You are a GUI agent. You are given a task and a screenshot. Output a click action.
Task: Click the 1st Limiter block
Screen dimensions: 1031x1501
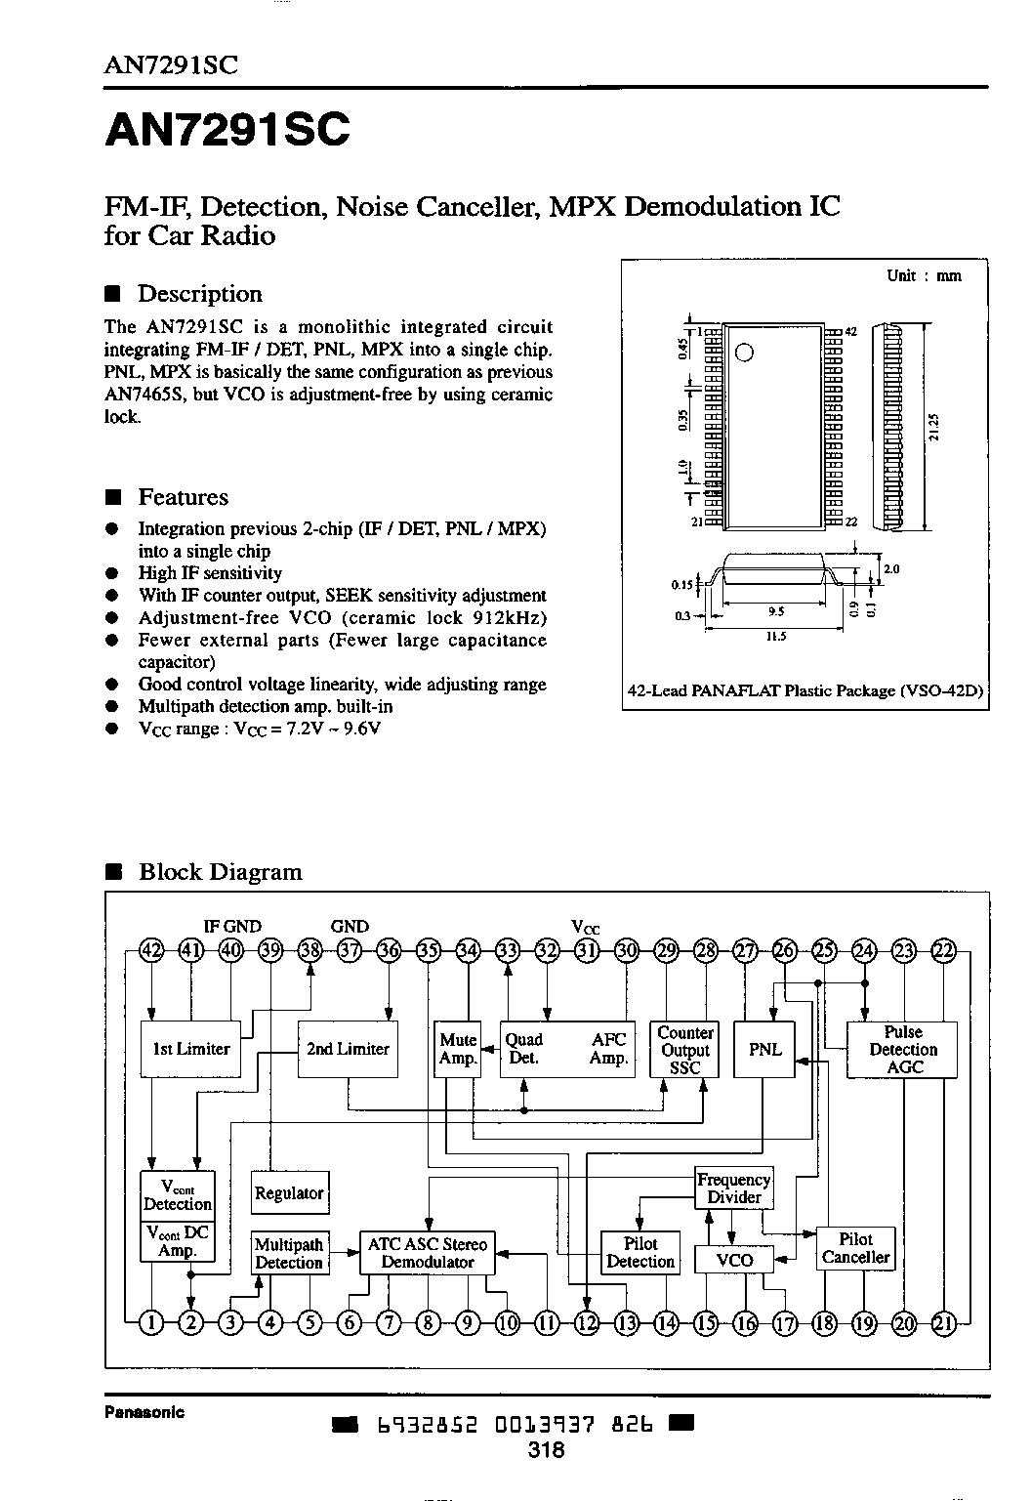point(190,1049)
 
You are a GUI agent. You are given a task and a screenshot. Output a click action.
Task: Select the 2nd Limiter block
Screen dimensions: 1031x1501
point(348,1049)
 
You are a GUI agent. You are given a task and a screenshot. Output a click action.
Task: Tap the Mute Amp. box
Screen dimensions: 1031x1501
point(458,1049)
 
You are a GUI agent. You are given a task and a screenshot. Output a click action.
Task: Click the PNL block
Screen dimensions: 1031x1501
point(764,1049)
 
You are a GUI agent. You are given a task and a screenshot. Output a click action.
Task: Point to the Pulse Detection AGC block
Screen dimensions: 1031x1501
point(902,1050)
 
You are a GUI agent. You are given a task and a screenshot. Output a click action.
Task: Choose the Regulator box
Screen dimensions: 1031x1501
point(289,1192)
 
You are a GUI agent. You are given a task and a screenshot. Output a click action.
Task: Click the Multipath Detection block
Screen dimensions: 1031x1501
point(289,1253)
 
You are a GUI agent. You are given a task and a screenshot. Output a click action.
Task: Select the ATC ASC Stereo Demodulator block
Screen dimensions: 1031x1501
point(428,1253)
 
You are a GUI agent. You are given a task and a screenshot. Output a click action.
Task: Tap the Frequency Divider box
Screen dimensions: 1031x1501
point(734,1188)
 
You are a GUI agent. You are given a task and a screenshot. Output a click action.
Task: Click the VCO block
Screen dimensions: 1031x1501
point(734,1261)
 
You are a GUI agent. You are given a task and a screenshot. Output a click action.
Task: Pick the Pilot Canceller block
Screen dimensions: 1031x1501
point(855,1248)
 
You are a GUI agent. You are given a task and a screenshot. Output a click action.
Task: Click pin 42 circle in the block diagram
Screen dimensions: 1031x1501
point(151,951)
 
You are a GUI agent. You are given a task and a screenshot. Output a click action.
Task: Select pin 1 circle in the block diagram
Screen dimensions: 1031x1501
point(152,1323)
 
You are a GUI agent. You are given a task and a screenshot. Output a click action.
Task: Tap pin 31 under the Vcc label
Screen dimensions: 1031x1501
point(587,951)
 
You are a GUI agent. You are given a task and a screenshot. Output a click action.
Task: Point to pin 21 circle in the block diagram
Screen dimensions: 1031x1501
point(944,1323)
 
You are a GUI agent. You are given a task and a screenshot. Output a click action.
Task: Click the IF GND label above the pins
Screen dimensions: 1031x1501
point(231,927)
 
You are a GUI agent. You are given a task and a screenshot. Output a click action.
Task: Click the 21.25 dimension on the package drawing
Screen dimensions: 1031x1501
point(934,427)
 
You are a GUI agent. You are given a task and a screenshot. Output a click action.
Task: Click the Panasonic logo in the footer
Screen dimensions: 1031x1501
point(144,1412)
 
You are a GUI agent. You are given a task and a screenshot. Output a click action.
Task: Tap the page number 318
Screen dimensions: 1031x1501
point(547,1450)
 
